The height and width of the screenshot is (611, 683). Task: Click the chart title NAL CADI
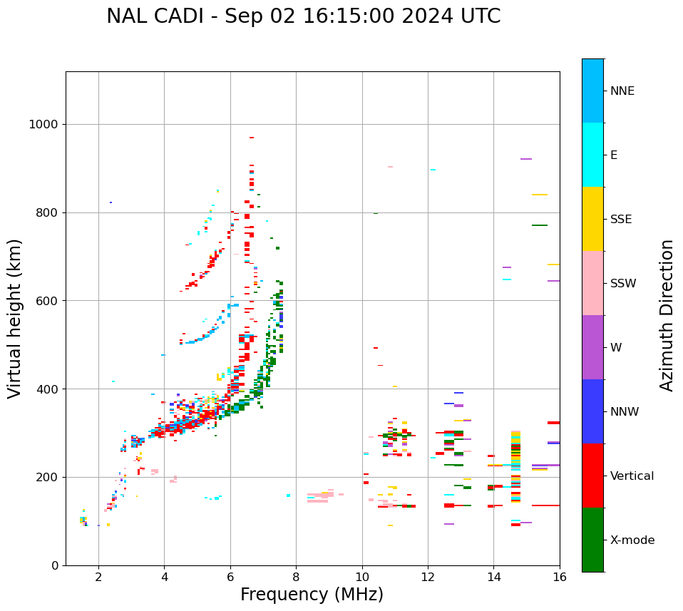(303, 16)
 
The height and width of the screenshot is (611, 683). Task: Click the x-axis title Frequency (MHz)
(312, 595)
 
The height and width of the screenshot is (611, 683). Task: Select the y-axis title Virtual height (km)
(15, 319)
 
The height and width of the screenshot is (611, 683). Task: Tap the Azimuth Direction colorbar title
(667, 315)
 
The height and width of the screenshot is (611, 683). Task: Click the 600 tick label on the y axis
(46, 301)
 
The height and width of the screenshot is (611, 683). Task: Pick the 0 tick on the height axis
(56, 565)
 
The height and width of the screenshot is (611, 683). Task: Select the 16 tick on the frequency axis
(560, 577)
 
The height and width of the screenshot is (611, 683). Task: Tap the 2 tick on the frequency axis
(98, 577)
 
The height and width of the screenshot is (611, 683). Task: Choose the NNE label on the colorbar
(622, 91)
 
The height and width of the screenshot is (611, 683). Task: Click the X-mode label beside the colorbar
(632, 540)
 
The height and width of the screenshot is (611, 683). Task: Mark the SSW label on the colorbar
(623, 284)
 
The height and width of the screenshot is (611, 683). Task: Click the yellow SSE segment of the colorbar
(592, 219)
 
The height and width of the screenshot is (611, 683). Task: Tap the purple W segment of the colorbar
(592, 347)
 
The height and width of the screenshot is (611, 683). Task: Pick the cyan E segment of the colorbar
(592, 155)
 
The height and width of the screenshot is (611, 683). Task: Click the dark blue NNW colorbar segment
(592, 411)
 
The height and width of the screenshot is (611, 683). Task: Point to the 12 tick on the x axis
(428, 577)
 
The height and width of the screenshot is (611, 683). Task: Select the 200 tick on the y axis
(46, 477)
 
